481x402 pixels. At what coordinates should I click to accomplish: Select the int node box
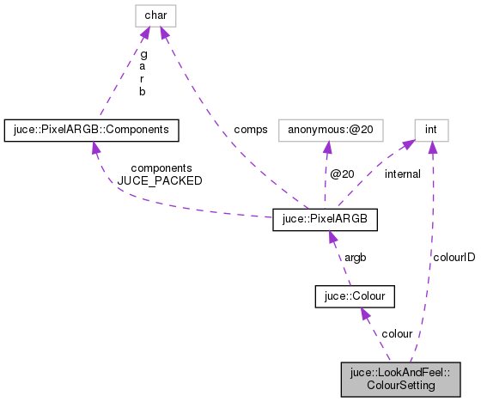click(x=432, y=131)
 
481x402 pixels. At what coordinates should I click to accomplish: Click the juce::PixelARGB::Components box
click(x=91, y=131)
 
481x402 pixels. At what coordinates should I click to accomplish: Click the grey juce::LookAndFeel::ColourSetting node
click(x=400, y=379)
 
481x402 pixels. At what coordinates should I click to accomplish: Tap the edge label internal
click(x=402, y=174)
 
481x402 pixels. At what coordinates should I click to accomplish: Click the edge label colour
click(x=397, y=333)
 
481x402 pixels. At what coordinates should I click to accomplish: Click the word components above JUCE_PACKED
click(x=156, y=168)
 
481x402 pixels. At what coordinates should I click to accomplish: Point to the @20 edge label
click(x=343, y=174)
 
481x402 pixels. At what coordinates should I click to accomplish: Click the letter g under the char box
click(x=143, y=53)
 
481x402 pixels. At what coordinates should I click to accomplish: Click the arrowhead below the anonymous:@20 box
click(x=329, y=149)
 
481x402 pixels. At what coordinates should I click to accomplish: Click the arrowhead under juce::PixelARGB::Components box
click(x=94, y=149)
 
